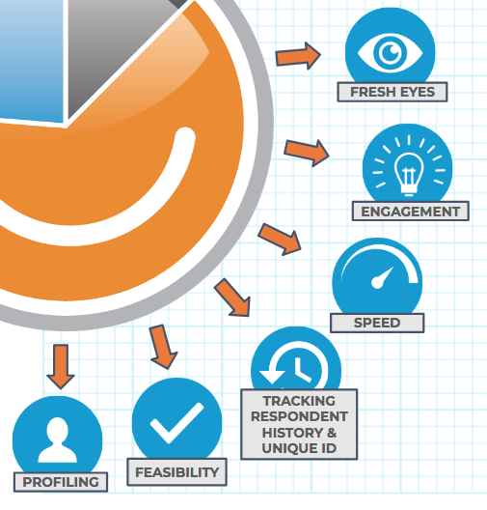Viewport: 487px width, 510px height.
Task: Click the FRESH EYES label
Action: coord(392,92)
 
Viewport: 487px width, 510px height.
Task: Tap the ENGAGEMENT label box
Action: coord(411,212)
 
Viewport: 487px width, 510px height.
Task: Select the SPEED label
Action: coord(377,323)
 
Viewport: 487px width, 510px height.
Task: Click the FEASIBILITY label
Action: coord(176,472)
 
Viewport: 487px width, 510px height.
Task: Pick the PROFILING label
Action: coord(61,482)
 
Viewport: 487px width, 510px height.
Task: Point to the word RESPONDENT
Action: coord(299,416)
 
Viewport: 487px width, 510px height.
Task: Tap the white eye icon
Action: coord(390,52)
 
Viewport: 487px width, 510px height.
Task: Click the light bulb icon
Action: coord(409,174)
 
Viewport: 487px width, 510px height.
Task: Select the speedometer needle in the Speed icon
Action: coord(383,277)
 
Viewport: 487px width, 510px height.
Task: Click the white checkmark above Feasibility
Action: coord(176,422)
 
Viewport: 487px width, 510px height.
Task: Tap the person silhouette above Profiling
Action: coord(58,439)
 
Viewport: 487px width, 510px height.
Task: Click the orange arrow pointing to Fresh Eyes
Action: coord(298,56)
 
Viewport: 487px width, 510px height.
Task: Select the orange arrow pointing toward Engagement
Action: coord(307,153)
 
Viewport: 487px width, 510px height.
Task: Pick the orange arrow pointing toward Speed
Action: coord(280,240)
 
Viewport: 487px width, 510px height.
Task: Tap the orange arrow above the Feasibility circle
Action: coord(163,347)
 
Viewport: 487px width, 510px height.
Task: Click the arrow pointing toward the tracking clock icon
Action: coord(232,297)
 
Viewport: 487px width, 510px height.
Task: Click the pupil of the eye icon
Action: coord(391,52)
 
